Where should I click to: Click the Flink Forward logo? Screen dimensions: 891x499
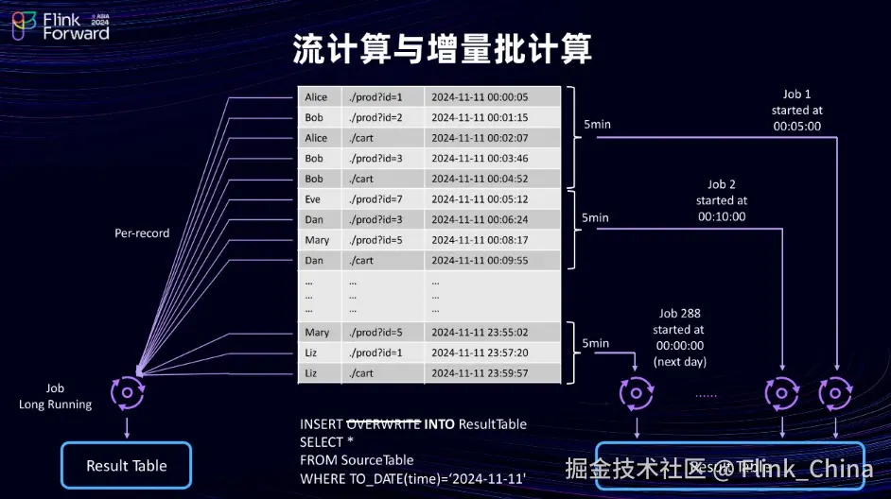61,26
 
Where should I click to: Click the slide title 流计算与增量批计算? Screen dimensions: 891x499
443,50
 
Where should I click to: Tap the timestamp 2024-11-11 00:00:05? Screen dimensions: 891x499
480,97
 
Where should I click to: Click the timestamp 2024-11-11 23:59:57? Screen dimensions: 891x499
480,373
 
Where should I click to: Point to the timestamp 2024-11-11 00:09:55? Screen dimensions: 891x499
480,260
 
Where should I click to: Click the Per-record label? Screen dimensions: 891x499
142,232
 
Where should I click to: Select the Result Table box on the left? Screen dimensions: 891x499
126,466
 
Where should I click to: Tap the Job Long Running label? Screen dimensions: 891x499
56,397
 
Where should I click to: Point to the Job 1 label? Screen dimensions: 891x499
796,95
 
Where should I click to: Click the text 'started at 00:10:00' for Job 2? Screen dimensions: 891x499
722,208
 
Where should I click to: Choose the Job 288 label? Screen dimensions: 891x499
678,314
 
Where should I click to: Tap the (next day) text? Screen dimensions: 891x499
679,362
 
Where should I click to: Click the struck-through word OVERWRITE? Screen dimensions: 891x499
384,424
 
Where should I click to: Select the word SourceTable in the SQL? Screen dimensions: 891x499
382,461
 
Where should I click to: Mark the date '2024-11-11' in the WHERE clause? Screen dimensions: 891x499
490,479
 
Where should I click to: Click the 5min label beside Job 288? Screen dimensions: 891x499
596,343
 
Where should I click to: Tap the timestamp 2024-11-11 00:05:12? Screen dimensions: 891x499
480,199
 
